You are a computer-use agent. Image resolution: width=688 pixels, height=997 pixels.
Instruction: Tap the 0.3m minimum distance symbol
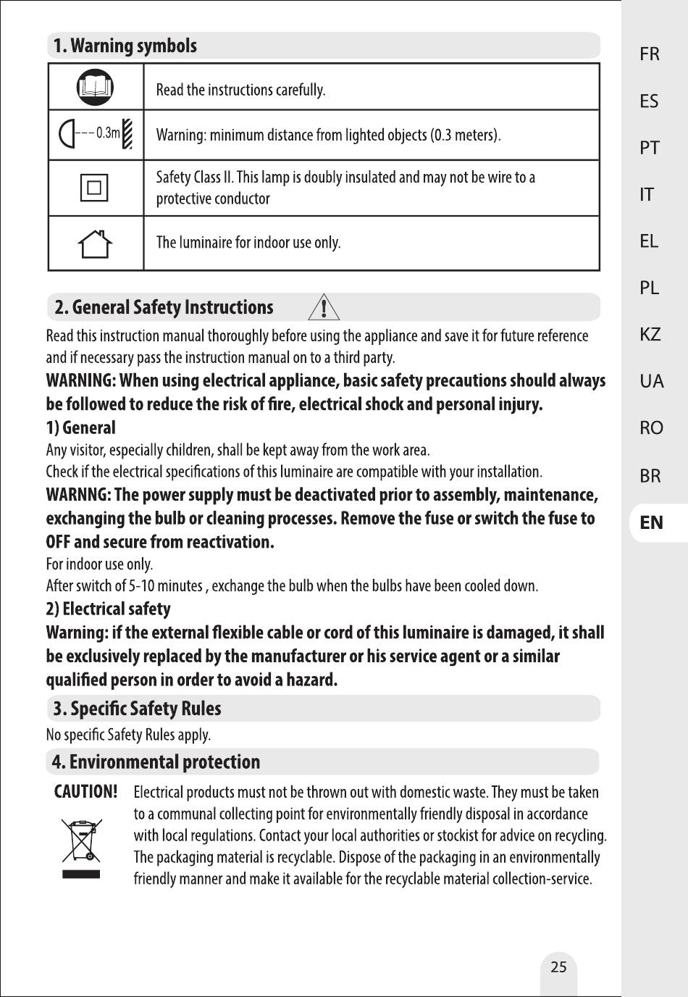(96, 134)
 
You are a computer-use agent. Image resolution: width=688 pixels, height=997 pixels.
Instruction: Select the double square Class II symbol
(94, 188)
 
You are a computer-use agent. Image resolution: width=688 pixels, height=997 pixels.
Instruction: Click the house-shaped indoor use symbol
(95, 244)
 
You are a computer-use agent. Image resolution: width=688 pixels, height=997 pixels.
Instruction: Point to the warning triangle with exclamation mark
(324, 307)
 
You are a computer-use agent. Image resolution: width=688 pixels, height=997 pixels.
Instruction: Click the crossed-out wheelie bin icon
(81, 848)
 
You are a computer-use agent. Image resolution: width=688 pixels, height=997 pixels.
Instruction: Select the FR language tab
(650, 54)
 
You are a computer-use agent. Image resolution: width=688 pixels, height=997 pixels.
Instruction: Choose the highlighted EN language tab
(651, 522)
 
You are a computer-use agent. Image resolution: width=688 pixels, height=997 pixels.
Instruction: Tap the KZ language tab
(650, 334)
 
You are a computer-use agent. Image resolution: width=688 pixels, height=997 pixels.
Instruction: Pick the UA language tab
(651, 381)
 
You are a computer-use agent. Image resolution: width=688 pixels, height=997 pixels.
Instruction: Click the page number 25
(558, 967)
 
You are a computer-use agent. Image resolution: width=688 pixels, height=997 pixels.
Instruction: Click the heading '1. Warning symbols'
(125, 46)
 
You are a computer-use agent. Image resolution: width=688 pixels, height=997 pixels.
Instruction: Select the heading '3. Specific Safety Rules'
(137, 709)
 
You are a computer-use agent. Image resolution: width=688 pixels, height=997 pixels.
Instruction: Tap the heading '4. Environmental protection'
(156, 762)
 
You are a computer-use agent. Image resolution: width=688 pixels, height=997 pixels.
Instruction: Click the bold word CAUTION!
(85, 792)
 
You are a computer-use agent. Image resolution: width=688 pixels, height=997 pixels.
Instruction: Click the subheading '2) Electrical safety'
(109, 609)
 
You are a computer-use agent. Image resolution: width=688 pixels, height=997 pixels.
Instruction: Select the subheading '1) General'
(80, 427)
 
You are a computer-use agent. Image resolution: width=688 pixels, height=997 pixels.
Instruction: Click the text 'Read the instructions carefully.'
(240, 90)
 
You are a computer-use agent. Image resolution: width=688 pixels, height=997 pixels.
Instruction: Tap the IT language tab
(647, 194)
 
